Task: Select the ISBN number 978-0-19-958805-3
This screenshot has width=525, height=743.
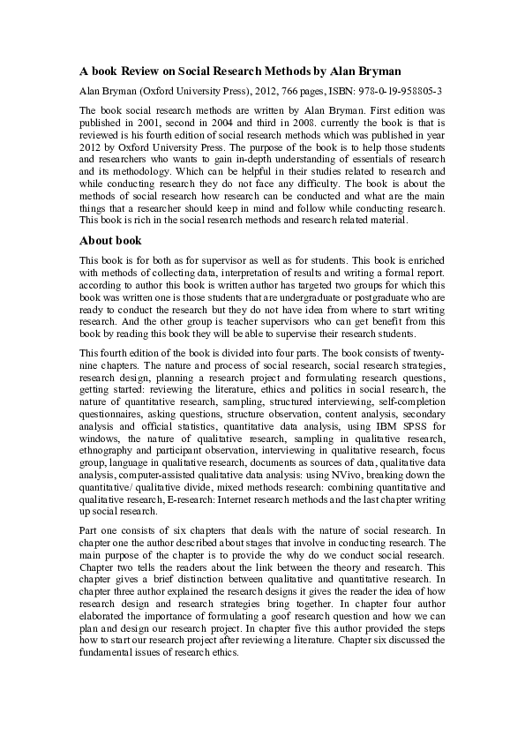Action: (402, 91)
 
